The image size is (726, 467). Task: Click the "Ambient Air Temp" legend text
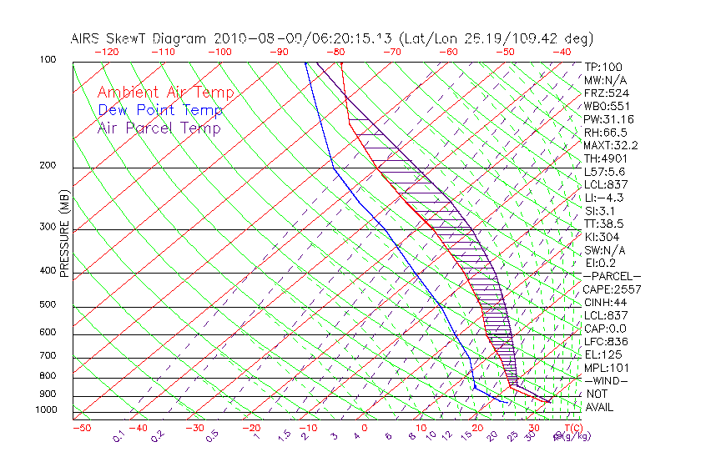pyautogui.click(x=165, y=93)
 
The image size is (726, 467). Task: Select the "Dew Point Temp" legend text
pyautogui.click(x=160, y=110)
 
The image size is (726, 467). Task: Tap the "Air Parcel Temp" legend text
pyautogui.click(x=159, y=128)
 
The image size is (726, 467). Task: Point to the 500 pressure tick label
pyautogui.click(x=49, y=304)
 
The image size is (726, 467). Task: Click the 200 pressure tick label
pyautogui.click(x=49, y=165)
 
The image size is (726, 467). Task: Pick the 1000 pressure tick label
pyautogui.click(x=47, y=409)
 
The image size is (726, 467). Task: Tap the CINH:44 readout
pyautogui.click(x=605, y=302)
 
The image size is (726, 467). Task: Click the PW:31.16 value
pyautogui.click(x=608, y=119)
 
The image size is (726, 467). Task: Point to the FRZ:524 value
pyautogui.click(x=604, y=93)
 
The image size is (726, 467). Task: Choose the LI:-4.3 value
pyautogui.click(x=603, y=198)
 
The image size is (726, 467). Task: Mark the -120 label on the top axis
pyautogui.click(x=106, y=51)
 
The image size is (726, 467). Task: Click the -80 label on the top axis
pyautogui.click(x=335, y=51)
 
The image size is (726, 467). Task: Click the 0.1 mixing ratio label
pyautogui.click(x=118, y=436)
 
